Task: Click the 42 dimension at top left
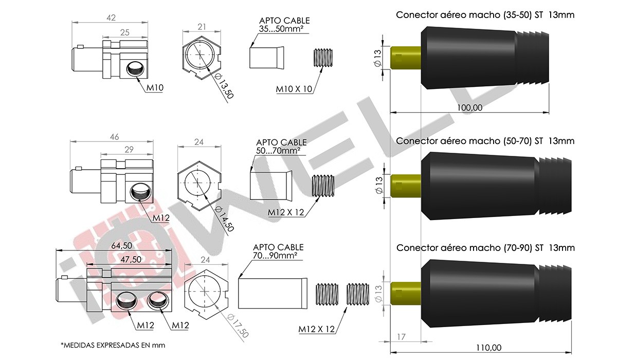[x=111, y=18]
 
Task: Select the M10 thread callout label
[x=155, y=88]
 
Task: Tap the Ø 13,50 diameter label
[x=223, y=86]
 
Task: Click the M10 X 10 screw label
[x=294, y=89]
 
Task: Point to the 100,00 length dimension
[x=469, y=107]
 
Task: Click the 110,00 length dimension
[x=488, y=348]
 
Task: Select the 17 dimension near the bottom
[x=402, y=337]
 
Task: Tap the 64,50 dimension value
[x=122, y=245]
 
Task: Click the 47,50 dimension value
[x=131, y=259]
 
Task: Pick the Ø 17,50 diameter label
[x=238, y=326]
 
